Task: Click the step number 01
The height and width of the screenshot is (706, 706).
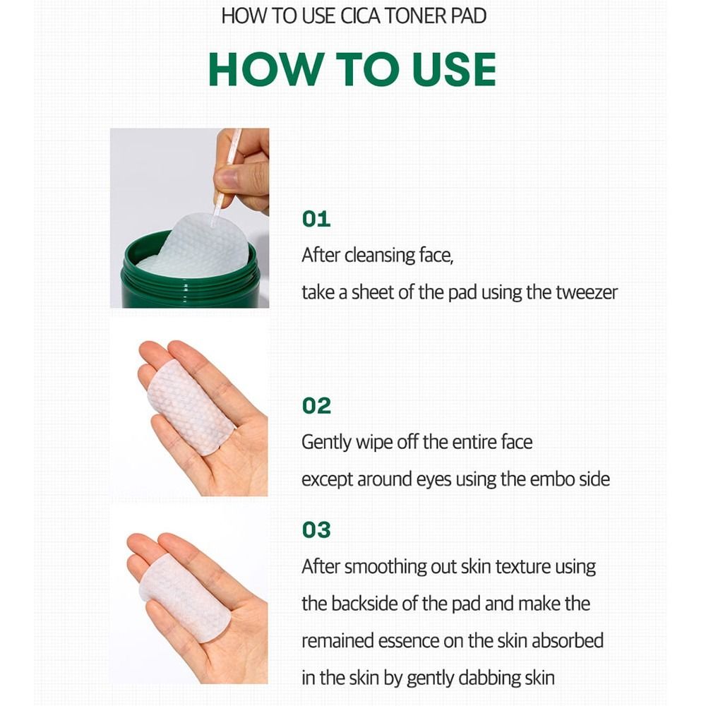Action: [x=316, y=219]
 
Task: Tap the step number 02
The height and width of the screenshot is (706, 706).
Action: [x=316, y=406]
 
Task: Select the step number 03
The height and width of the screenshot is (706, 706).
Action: [x=316, y=530]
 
